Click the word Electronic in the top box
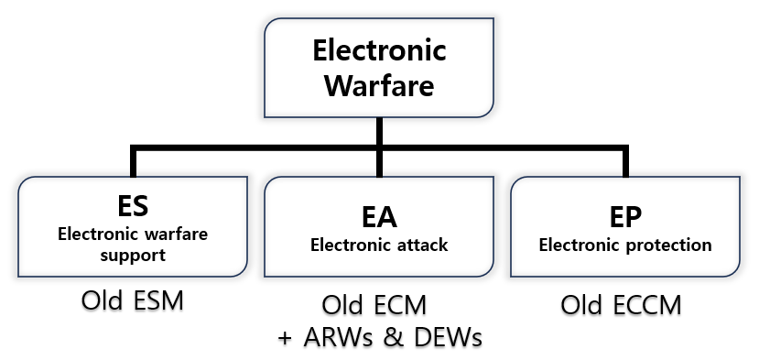[379, 49]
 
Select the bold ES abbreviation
[133, 205]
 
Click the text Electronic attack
[379, 245]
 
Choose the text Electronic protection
[624, 245]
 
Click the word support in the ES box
[133, 255]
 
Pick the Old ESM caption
[132, 300]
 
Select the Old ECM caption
[379, 305]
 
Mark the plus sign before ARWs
[287, 337]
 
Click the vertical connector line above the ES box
[134, 161]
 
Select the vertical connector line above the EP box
[624, 161]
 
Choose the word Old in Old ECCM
[583, 305]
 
